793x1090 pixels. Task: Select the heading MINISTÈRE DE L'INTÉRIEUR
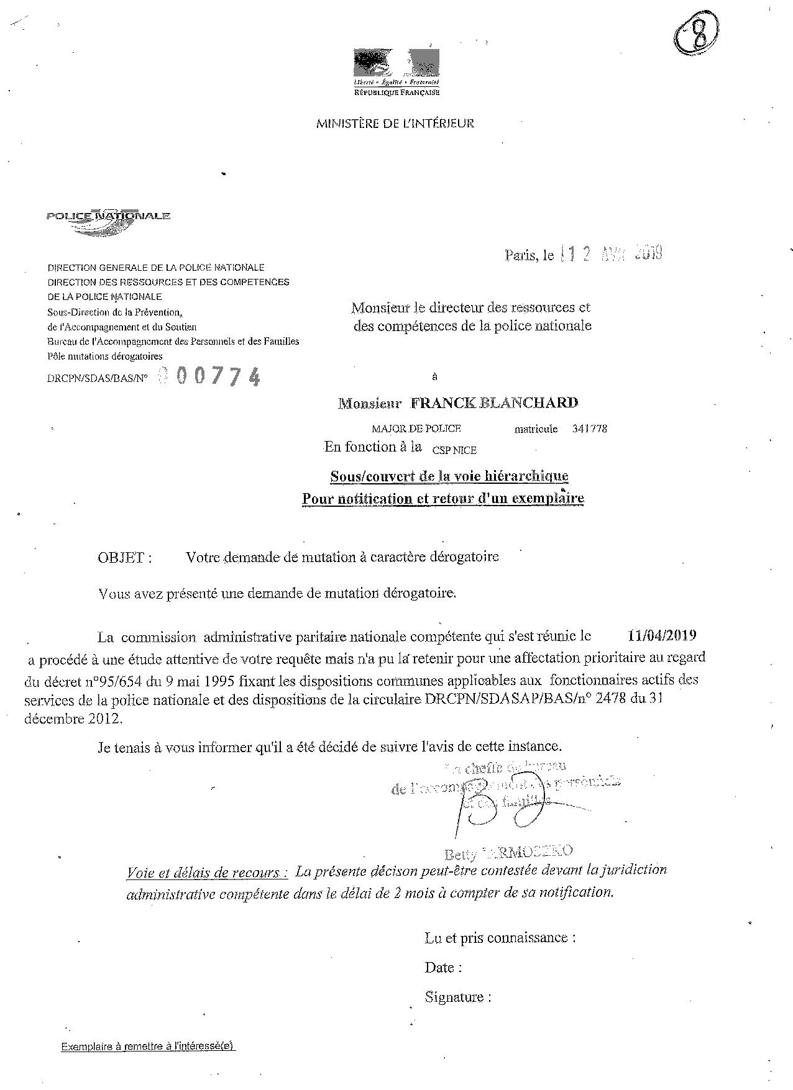(x=395, y=123)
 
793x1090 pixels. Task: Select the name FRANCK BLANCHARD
(x=494, y=402)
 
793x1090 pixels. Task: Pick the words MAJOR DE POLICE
(x=416, y=429)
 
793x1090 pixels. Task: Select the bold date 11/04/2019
(x=662, y=635)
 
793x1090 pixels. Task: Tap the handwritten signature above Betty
(x=482, y=807)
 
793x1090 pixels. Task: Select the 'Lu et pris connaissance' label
(x=500, y=937)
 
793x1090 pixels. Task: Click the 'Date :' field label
(x=443, y=967)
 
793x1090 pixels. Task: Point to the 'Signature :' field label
(x=458, y=997)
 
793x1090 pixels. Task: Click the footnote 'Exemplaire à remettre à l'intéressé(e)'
(x=148, y=1046)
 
